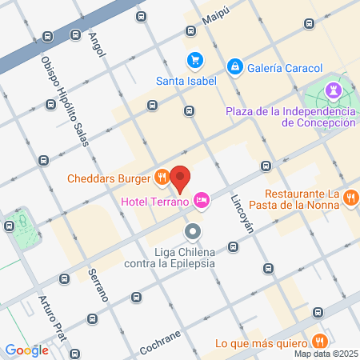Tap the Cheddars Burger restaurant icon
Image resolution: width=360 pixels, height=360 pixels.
click(x=162, y=176)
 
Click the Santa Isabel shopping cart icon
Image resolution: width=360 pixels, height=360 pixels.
click(x=194, y=60)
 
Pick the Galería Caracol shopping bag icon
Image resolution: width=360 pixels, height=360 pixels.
click(x=234, y=67)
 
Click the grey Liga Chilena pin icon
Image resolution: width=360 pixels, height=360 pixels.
click(x=192, y=232)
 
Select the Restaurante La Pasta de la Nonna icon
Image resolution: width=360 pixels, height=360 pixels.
click(x=350, y=197)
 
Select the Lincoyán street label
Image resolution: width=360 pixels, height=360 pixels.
click(x=242, y=214)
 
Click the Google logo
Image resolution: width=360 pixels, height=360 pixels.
click(x=26, y=350)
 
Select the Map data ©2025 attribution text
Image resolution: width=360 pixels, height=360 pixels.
click(x=324, y=354)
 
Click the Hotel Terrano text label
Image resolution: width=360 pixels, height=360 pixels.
click(x=154, y=202)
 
